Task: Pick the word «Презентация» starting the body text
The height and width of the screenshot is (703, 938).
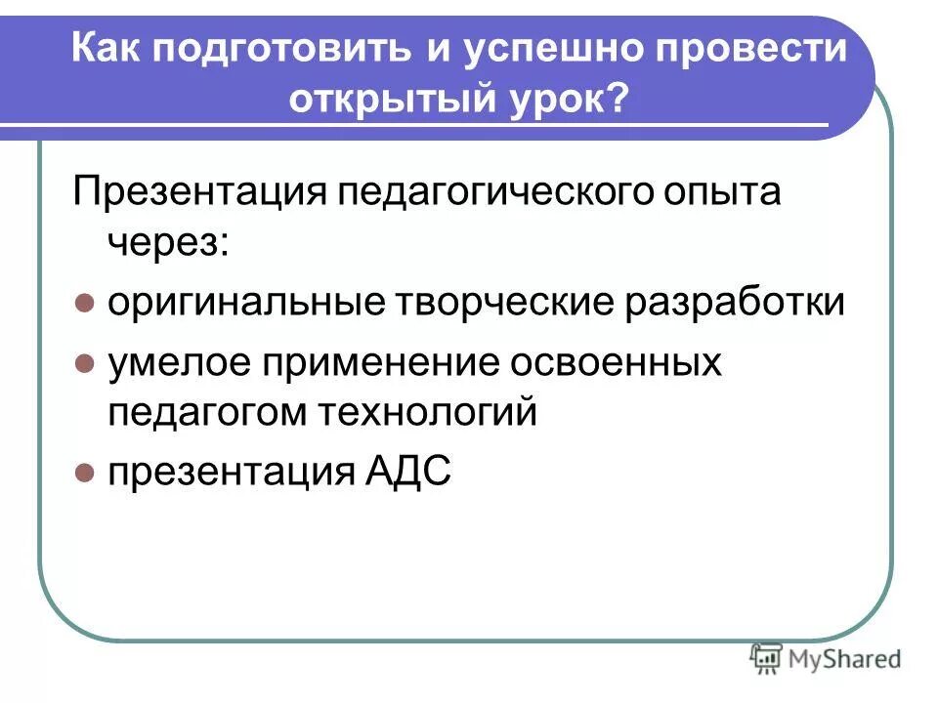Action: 199,191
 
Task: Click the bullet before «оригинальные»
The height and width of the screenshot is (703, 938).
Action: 84,303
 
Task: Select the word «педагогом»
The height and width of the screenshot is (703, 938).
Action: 208,412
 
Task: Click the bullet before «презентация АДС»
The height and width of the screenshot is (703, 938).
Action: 84,475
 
